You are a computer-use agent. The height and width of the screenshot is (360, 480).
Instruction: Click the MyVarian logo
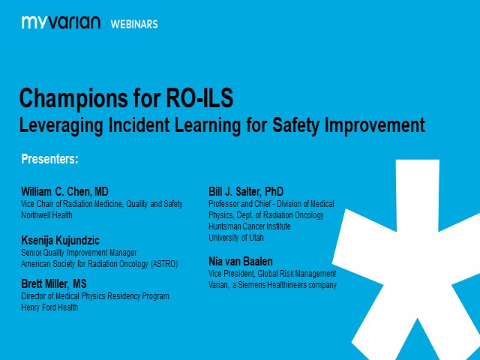(61, 22)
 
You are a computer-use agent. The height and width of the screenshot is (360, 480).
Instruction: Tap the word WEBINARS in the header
(134, 24)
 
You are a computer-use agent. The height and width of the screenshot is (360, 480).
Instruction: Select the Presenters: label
(49, 159)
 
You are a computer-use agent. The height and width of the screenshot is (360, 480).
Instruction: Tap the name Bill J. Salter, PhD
(246, 191)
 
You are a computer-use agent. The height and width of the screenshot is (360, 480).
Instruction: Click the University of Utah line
(236, 238)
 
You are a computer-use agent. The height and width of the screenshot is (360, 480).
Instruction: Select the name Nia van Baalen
(241, 261)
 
